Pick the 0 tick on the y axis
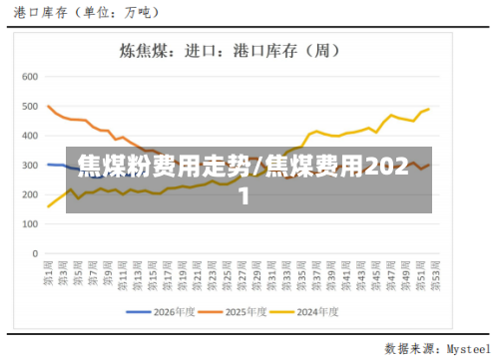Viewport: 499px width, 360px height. point(33,253)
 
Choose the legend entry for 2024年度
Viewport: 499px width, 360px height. point(319,311)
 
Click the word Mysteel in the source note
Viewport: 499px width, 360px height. point(468,349)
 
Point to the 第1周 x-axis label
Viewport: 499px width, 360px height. point(49,271)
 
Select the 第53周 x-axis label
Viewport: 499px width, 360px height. point(429,271)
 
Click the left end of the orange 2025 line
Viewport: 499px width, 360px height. point(49,106)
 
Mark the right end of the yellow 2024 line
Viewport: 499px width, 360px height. point(429,109)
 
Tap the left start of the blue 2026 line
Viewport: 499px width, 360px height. point(48,165)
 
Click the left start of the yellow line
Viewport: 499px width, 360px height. point(49,206)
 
